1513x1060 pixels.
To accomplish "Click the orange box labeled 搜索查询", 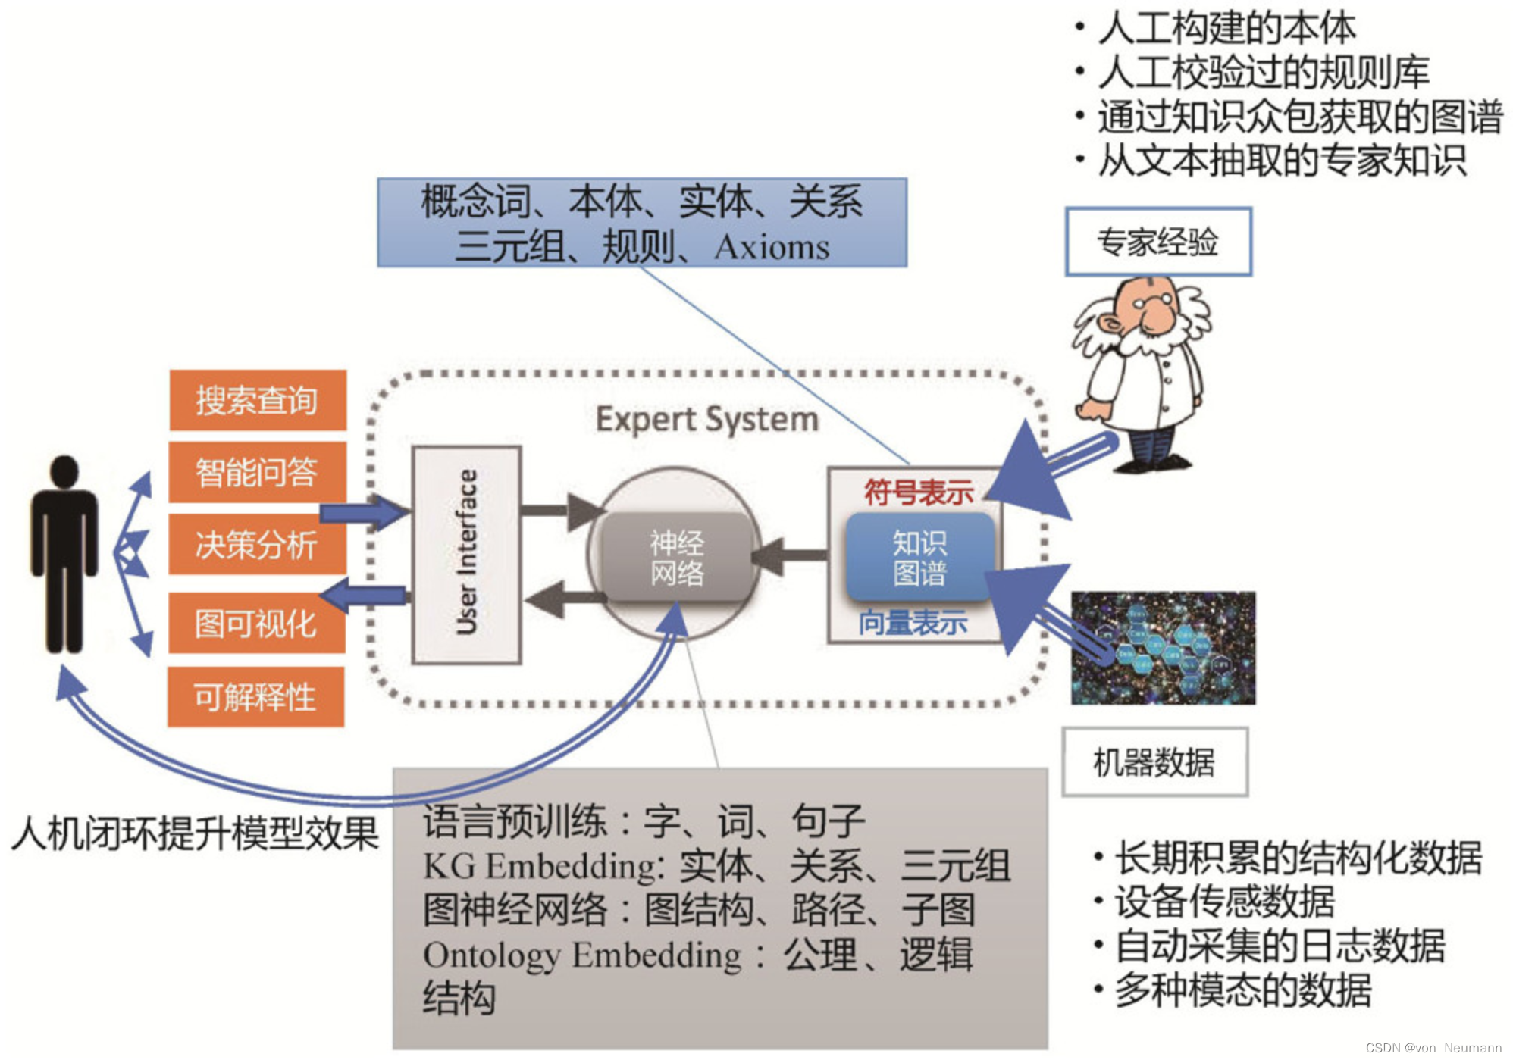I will click(x=258, y=400).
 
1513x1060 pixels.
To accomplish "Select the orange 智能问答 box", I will click(x=258, y=472).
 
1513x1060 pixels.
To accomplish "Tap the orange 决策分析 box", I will click(x=258, y=544).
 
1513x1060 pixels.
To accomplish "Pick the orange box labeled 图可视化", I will click(x=256, y=624).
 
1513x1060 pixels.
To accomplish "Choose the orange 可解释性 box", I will click(x=255, y=696).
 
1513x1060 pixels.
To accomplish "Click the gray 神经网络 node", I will click(x=676, y=558).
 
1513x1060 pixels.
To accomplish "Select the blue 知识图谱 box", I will click(x=919, y=558).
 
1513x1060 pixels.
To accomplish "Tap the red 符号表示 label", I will click(x=918, y=492).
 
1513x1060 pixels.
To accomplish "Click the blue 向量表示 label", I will click(x=913, y=623).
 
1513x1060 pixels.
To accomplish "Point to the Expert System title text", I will click(x=706, y=419).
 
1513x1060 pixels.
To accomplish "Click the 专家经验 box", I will click(x=1157, y=242).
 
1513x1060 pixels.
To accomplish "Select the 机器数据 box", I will click(x=1154, y=762).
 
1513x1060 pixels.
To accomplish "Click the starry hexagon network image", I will click(x=1163, y=648).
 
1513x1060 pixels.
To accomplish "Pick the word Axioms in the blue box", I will click(x=772, y=247).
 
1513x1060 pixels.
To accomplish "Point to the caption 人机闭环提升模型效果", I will click(x=196, y=833).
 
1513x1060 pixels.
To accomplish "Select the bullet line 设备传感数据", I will click(x=1223, y=902).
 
